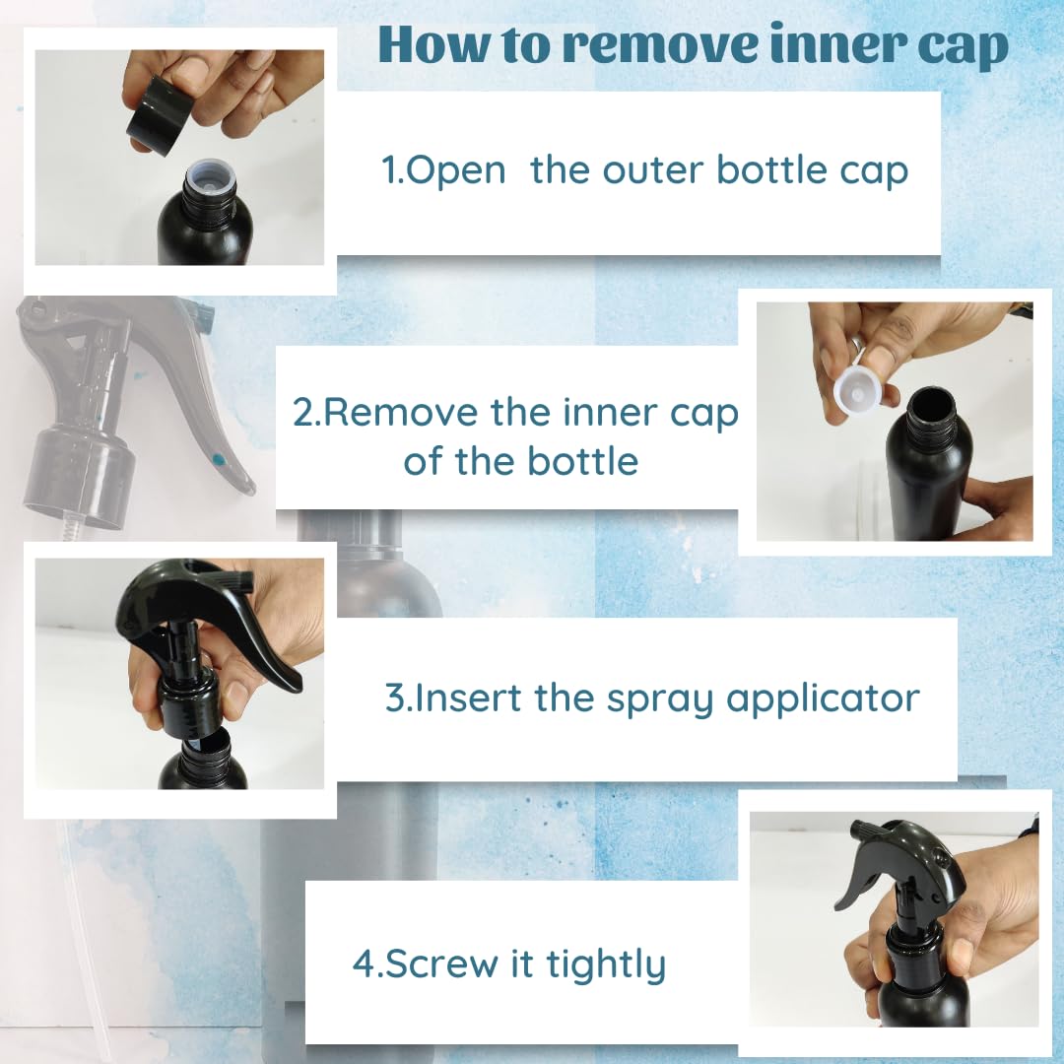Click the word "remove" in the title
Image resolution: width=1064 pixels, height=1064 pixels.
tap(659, 45)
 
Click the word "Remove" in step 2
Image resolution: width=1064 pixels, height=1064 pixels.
tap(401, 413)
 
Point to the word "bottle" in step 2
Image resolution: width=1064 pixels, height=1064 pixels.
tap(582, 461)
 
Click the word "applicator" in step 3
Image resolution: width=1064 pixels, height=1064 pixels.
tap(823, 699)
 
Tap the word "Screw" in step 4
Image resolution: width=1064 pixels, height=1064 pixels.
tap(441, 964)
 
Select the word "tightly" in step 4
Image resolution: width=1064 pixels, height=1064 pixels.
tap(607, 965)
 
